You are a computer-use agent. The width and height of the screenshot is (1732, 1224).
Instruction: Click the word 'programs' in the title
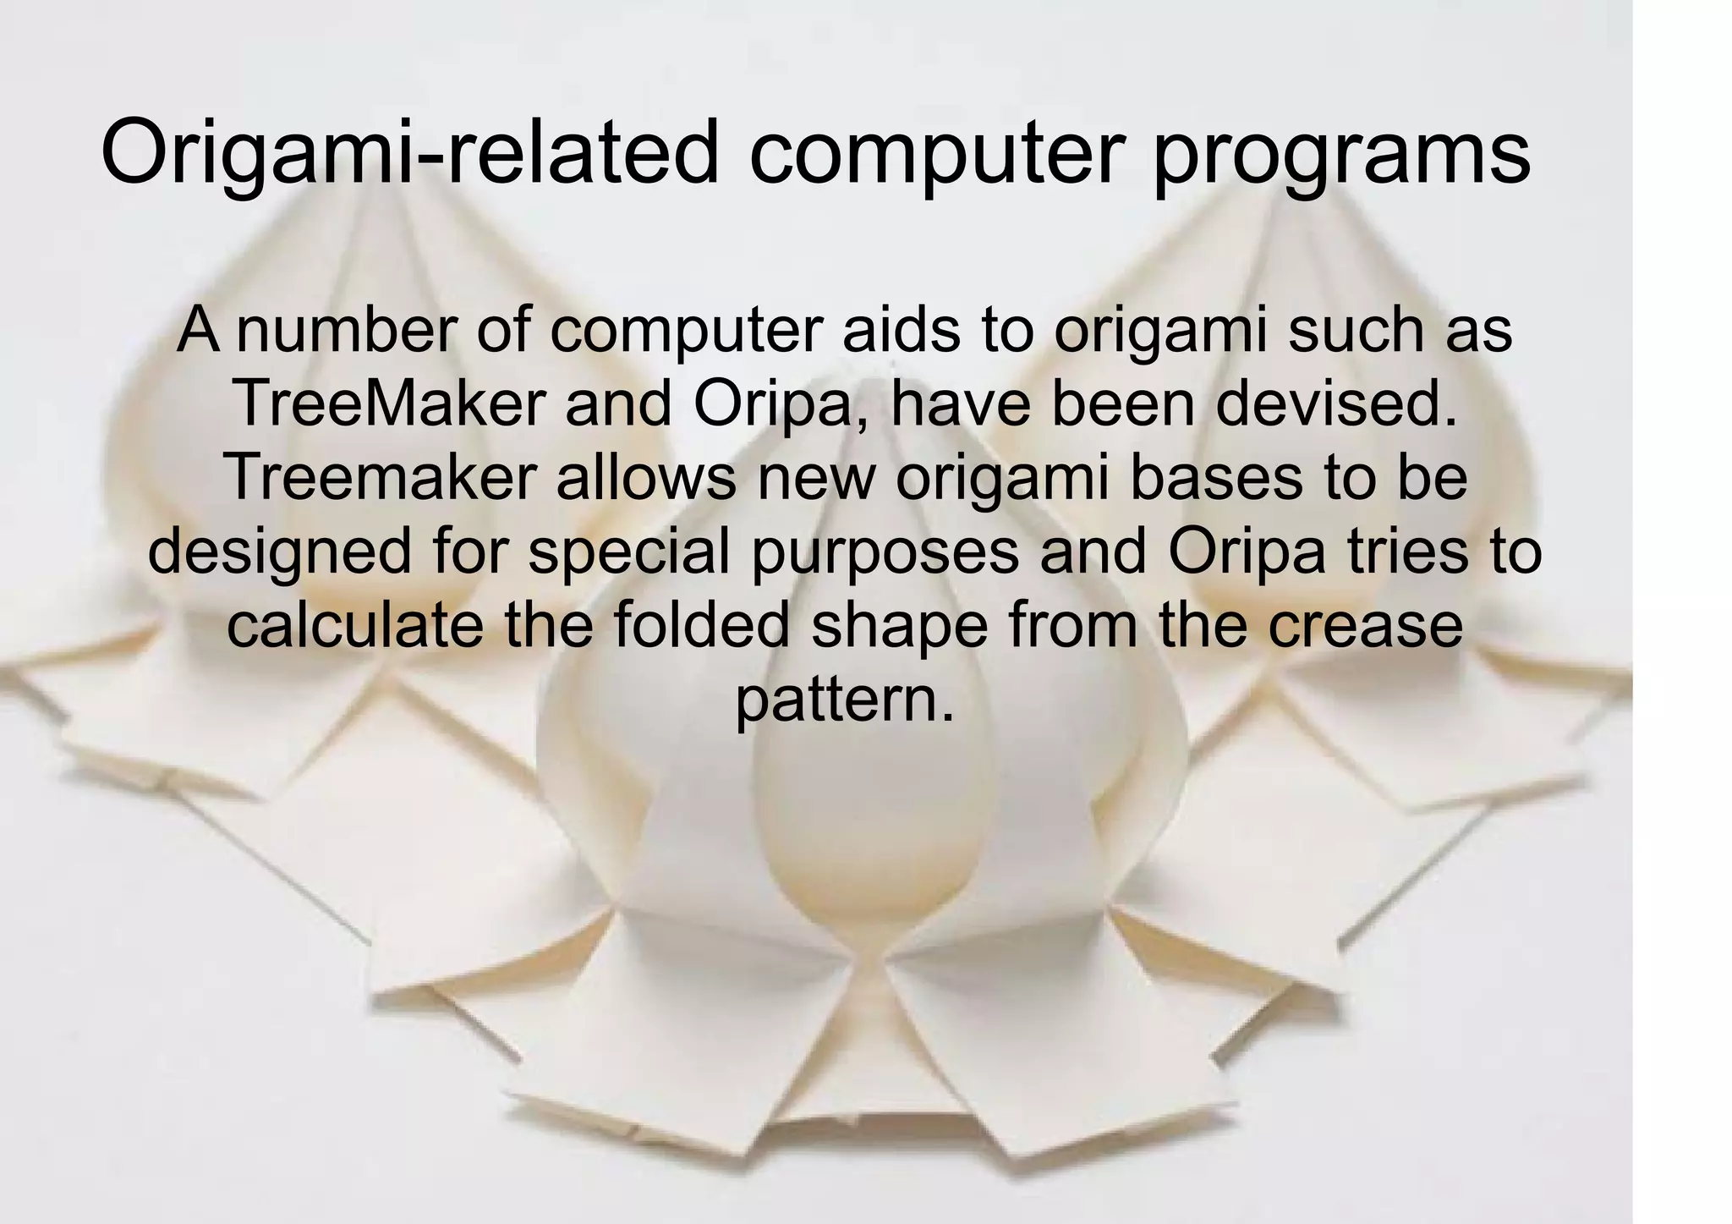[x=1342, y=155]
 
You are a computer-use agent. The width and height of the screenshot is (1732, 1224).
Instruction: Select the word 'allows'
[x=646, y=478]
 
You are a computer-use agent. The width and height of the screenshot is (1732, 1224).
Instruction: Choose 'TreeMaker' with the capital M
[x=388, y=404]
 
